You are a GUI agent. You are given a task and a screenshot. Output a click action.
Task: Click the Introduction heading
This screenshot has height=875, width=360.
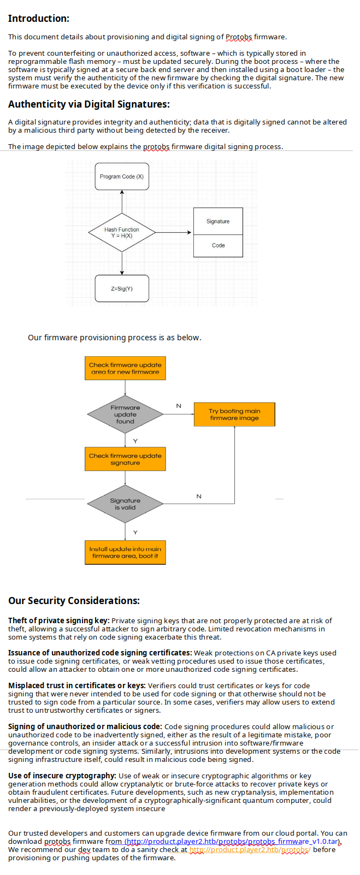38,19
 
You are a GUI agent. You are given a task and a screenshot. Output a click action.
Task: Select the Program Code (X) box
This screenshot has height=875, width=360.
122,176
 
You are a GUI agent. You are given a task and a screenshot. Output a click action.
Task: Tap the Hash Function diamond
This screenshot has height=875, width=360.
122,233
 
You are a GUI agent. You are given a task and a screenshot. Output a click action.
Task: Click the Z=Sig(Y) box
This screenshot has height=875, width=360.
122,288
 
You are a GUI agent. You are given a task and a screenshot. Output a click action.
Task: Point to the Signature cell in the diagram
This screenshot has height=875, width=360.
218,221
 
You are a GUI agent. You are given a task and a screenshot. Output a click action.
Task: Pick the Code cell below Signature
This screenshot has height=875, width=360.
218,246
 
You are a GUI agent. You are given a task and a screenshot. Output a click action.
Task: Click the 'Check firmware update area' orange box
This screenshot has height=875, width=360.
125,368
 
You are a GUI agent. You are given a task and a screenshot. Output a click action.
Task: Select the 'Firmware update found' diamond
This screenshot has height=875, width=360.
125,415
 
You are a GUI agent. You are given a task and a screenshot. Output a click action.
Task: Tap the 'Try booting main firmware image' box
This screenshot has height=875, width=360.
234,415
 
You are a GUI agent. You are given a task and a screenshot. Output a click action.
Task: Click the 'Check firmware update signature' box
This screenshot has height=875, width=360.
125,459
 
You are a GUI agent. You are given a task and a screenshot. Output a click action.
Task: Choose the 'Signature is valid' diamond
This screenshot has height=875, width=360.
125,504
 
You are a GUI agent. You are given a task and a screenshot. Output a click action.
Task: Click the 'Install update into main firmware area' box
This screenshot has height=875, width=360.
125,552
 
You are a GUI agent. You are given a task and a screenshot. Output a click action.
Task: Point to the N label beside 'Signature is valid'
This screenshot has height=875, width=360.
199,496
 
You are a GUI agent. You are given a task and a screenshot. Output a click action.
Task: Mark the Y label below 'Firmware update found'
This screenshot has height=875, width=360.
135,441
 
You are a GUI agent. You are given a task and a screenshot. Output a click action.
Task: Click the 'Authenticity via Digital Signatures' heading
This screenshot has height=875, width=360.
88,104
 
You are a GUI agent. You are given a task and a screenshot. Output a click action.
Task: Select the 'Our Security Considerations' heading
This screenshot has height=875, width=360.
74,601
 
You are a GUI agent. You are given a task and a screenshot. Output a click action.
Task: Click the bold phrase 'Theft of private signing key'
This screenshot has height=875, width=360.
58,620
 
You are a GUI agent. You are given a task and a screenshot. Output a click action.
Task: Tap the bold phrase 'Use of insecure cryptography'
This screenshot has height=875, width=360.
62,776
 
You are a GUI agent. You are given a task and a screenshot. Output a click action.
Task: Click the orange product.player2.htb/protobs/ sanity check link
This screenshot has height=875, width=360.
249,850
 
